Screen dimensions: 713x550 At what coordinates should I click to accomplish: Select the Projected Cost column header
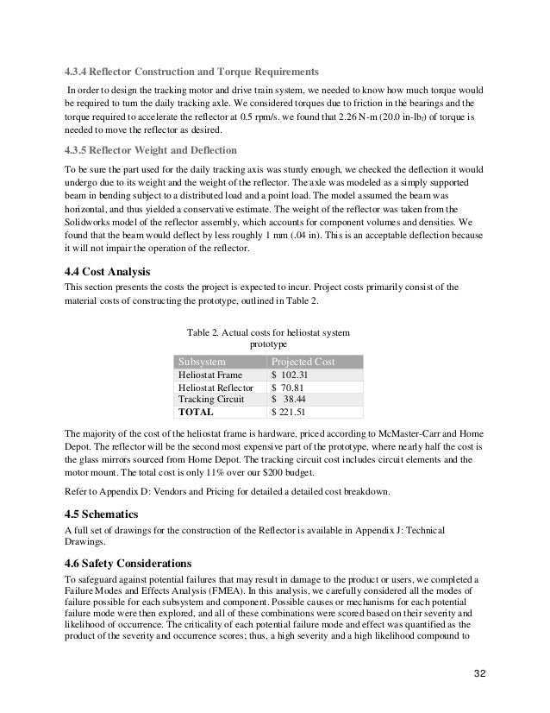point(303,362)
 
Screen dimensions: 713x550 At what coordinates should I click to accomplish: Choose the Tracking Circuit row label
point(210,401)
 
